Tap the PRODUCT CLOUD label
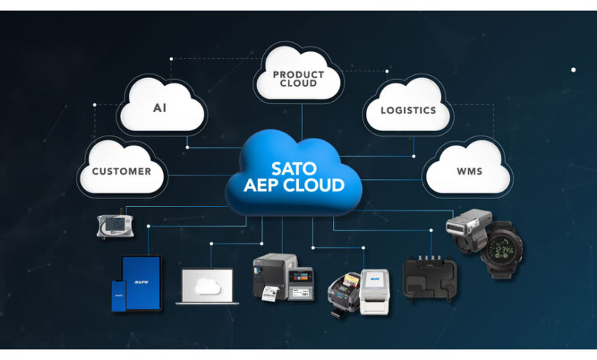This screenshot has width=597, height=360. coord(298,78)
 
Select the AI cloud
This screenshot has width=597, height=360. coord(160,108)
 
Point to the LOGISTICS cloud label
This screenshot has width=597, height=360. coord(408,110)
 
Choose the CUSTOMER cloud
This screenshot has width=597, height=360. coord(121,171)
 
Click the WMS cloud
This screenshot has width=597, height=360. coord(469,171)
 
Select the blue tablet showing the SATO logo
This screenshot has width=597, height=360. coord(142,283)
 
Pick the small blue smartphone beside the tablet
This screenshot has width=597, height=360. coord(119,295)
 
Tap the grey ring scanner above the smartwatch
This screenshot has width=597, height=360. coord(468,225)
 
